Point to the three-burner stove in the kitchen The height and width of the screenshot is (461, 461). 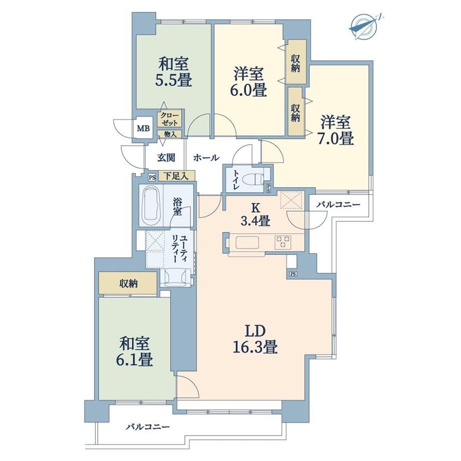click(283, 242)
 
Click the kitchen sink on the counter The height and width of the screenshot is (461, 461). click(247, 243)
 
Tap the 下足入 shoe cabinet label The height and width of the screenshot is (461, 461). click(176, 176)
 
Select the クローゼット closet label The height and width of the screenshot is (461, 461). click(169, 118)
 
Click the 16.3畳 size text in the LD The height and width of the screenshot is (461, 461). click(255, 348)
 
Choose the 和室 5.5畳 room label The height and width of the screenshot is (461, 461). click(173, 72)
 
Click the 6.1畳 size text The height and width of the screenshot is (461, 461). click(134, 359)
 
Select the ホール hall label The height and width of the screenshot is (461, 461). click(206, 158)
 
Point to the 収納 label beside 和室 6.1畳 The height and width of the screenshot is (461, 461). click(129, 284)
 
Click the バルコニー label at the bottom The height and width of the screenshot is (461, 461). click(148, 426)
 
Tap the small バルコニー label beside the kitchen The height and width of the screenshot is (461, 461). click(338, 204)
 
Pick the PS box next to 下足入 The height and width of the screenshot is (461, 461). click(152, 177)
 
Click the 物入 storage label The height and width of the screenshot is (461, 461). click(170, 134)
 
